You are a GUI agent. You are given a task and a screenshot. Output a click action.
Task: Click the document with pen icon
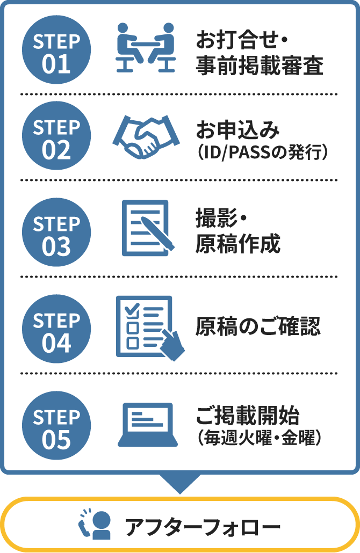click(146, 228)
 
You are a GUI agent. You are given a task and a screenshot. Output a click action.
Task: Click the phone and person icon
click(95, 525)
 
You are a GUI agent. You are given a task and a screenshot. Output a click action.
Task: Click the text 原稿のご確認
click(258, 327)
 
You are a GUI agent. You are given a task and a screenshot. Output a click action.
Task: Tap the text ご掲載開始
click(248, 416)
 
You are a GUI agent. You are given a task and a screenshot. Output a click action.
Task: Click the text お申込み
click(238, 131)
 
